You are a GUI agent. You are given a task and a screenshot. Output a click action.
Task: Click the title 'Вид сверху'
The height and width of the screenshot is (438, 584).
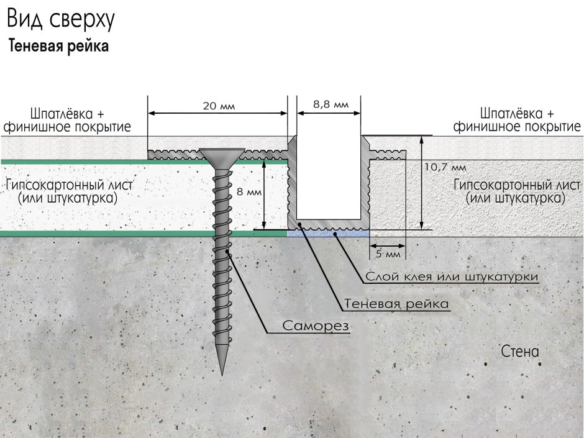61,19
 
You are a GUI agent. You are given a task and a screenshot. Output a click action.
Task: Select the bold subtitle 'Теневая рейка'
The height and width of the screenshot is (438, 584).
58,46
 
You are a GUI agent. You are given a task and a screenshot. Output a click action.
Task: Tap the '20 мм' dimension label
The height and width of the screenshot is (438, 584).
219,106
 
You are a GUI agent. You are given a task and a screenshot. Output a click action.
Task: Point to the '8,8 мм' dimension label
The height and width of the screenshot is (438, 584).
331,104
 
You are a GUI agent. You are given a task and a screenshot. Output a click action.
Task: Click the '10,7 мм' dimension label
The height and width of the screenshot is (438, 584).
445,167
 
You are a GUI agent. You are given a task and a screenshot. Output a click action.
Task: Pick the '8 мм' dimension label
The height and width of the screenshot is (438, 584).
249,192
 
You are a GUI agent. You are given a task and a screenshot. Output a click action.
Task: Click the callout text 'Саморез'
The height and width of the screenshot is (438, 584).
316,326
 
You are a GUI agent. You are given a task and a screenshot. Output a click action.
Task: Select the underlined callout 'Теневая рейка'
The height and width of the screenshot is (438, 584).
396,304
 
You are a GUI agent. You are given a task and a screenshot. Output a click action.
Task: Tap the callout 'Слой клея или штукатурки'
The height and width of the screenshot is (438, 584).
452,276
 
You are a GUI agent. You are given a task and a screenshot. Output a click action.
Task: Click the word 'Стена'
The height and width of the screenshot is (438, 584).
520,351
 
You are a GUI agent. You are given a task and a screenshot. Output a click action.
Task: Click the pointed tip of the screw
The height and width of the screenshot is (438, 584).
222,374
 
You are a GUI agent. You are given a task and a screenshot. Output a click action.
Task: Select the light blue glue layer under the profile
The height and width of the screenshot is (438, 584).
328,233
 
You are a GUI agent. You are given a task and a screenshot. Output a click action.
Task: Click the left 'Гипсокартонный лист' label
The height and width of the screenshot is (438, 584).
69,191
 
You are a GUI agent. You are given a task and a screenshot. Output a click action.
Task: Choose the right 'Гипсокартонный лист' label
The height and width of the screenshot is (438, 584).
516,191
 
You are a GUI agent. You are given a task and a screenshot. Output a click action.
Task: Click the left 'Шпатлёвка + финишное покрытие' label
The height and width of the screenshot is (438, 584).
67,121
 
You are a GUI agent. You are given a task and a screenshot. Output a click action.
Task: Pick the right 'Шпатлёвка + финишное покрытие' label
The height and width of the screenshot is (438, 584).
516,121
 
